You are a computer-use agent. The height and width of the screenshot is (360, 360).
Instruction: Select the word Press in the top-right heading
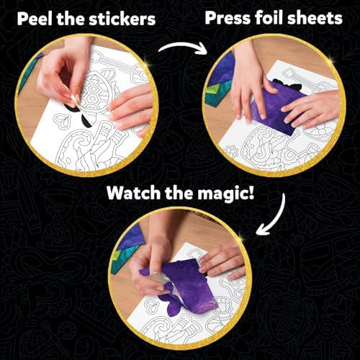(x=227, y=17)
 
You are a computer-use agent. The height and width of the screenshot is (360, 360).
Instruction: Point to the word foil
(x=273, y=17)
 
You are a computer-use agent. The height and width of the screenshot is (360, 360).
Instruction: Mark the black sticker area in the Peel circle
(x=68, y=107)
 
